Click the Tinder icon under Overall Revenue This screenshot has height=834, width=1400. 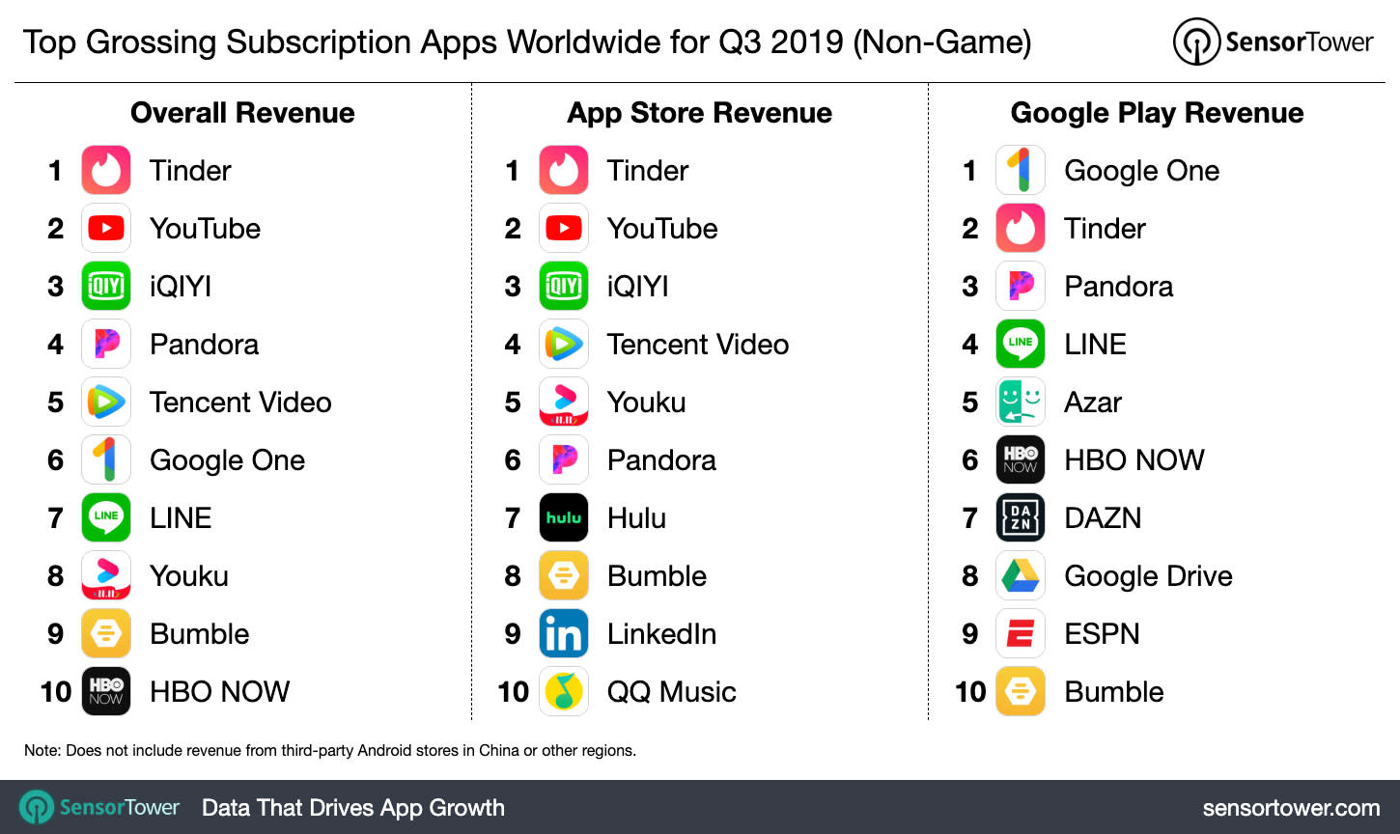tap(106, 170)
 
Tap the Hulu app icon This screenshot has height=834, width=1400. tap(564, 517)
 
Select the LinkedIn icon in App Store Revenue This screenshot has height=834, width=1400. tap(564, 633)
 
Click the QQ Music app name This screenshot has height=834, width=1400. tap(671, 691)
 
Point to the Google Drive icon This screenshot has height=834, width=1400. tap(1021, 575)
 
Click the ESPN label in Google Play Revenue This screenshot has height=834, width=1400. tap(1102, 633)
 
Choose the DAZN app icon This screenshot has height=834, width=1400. tap(1021, 517)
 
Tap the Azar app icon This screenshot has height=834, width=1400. tap(1021, 402)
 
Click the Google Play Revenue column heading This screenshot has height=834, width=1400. tap(1157, 113)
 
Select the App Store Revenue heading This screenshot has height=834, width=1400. tap(699, 113)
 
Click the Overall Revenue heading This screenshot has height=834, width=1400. tap(242, 113)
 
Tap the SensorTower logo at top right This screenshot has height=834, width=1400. tap(1273, 42)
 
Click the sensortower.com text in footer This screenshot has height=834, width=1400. tap(1291, 808)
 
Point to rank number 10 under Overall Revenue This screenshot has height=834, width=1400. tap(56, 691)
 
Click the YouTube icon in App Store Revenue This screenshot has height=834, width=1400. tap(564, 228)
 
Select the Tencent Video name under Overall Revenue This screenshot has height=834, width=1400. tap(240, 402)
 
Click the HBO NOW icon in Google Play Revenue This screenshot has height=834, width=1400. tap(1021, 459)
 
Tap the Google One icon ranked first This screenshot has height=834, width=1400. tap(1021, 170)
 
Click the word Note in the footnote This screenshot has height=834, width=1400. tap(42, 750)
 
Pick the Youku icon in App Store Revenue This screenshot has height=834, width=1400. tap(564, 402)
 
